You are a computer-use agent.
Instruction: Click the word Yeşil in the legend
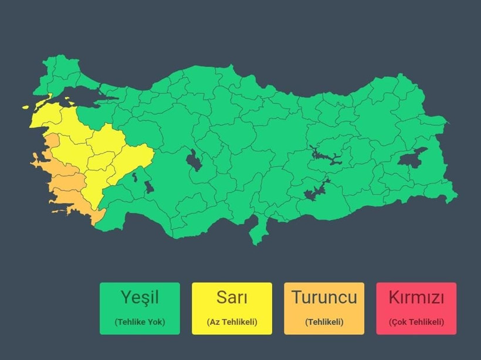pyautogui.click(x=140, y=297)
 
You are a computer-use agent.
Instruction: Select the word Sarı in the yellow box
pyautogui.click(x=232, y=297)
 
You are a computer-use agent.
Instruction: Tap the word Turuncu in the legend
pyautogui.click(x=324, y=297)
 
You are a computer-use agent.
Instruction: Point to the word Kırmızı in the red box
pyautogui.click(x=416, y=297)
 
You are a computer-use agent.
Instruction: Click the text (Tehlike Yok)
pyautogui.click(x=140, y=322)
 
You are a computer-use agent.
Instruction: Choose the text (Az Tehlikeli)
pyautogui.click(x=232, y=322)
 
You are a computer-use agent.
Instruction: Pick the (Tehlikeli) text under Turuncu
pyautogui.click(x=324, y=322)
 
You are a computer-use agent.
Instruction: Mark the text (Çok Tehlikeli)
pyautogui.click(x=416, y=322)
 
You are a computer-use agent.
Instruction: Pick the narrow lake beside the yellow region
pyautogui.click(x=136, y=175)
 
